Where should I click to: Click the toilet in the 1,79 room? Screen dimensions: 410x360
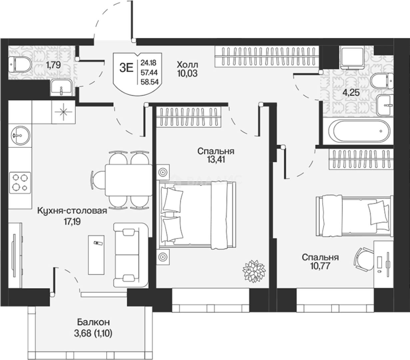(x=20, y=64)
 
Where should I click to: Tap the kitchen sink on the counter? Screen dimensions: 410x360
(x=20, y=135)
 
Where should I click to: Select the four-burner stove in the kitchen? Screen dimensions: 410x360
(x=20, y=183)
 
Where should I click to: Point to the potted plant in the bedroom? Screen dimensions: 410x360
(x=254, y=271)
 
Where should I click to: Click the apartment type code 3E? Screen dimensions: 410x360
(x=126, y=68)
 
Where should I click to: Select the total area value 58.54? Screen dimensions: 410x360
(x=150, y=82)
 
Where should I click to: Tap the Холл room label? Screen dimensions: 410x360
(x=188, y=65)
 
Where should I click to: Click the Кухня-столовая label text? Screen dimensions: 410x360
(x=72, y=211)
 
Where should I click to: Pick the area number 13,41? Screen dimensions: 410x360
(x=216, y=160)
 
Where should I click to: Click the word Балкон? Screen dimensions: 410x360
(x=93, y=322)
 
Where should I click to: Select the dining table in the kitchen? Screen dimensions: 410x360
(x=129, y=180)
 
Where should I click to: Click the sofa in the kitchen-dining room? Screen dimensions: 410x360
(x=131, y=255)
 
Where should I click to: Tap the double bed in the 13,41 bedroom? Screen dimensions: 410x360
(x=197, y=215)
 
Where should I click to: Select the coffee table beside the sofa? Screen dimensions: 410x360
(x=96, y=255)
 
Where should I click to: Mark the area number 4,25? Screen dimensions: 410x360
(x=351, y=93)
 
